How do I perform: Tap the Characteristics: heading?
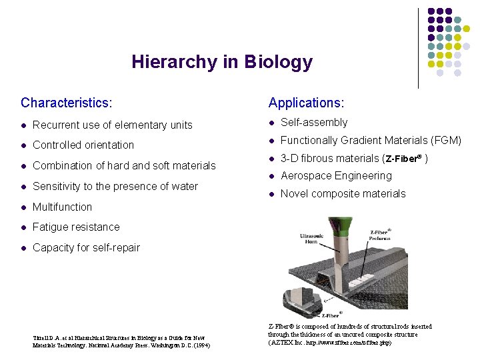tap(66, 103)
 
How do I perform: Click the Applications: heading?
tap(306, 103)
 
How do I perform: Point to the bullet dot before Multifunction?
tap(24, 207)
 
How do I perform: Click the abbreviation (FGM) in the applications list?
tap(446, 141)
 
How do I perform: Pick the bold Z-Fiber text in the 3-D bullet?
tap(403, 159)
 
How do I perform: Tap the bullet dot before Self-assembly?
tap(272, 123)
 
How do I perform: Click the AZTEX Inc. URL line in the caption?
tap(329, 343)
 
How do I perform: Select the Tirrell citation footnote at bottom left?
tap(119, 341)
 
